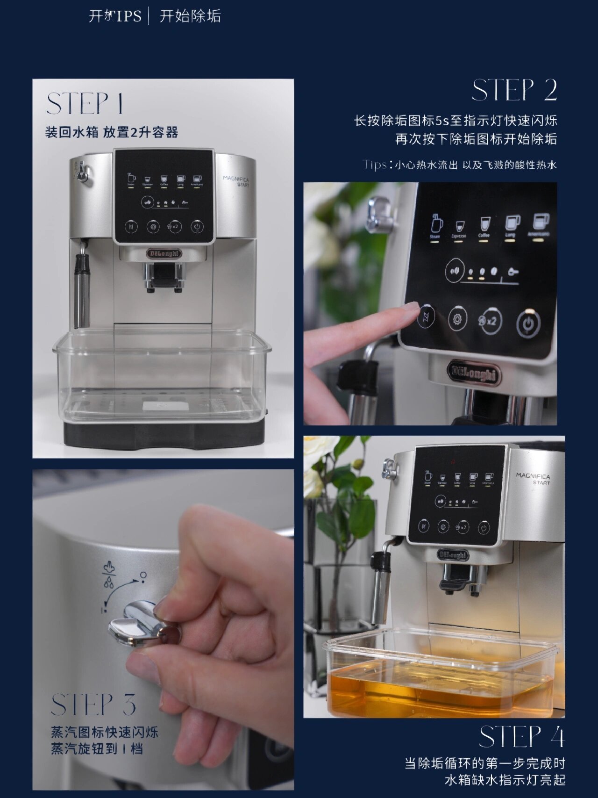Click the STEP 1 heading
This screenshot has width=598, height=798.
[x=85, y=104]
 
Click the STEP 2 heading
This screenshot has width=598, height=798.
[x=514, y=90]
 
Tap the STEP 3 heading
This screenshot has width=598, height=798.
[x=93, y=705]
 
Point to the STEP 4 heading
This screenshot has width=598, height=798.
[x=521, y=737]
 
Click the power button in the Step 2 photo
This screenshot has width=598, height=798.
[x=528, y=323]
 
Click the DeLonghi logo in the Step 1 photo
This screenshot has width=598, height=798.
[x=164, y=253]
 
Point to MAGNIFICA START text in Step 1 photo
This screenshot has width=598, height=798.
[x=236, y=181]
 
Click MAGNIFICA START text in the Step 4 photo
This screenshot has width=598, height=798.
[x=533, y=478]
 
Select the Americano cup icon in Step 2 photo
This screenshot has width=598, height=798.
[x=540, y=223]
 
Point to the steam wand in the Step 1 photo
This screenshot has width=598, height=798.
[x=82, y=288]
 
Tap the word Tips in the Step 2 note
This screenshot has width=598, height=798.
[x=374, y=165]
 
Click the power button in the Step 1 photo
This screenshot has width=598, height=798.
[x=197, y=227]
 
